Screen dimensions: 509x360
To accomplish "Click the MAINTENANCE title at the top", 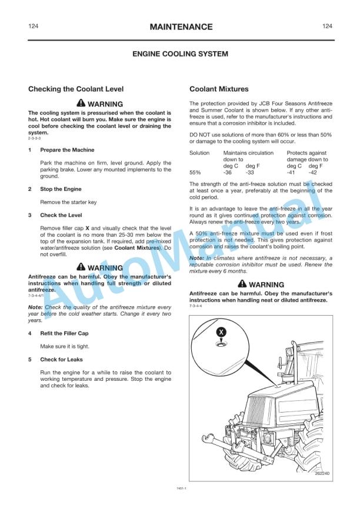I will coord(181,27).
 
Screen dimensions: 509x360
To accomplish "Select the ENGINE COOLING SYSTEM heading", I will coord(180,54).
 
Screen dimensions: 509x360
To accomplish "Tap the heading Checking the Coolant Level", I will coord(76,89).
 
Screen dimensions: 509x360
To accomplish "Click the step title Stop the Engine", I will coord(61,189).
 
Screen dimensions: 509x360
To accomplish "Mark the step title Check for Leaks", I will coord(61,359).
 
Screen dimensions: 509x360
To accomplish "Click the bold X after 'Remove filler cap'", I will coord(88,227).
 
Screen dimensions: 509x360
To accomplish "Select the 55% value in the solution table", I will coord(195,173).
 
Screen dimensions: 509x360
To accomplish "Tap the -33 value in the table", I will coord(249,173).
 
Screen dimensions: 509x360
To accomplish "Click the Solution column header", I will coord(199,153).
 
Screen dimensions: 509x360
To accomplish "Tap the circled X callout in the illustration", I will coord(221,332).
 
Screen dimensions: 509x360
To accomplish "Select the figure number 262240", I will coord(321,474).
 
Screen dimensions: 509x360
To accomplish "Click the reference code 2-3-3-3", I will coord(34,138).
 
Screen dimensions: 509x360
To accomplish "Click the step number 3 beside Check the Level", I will coord(30,216).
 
